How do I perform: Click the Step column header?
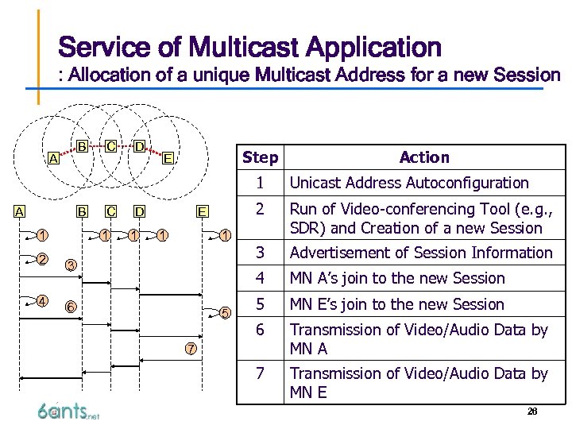click(260, 157)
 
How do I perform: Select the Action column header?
click(424, 157)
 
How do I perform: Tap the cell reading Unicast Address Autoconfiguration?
click(409, 183)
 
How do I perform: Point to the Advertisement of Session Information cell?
click(421, 253)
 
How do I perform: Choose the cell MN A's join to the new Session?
click(397, 278)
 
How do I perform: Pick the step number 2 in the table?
click(259, 210)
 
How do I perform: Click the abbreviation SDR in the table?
click(306, 228)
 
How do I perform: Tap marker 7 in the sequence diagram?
click(191, 349)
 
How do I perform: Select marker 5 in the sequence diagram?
click(225, 312)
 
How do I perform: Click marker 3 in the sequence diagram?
click(71, 265)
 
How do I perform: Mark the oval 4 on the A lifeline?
click(41, 300)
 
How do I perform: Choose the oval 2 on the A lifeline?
click(41, 259)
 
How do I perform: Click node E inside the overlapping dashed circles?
click(168, 157)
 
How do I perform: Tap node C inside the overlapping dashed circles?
click(112, 146)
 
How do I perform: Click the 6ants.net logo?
click(68, 411)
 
